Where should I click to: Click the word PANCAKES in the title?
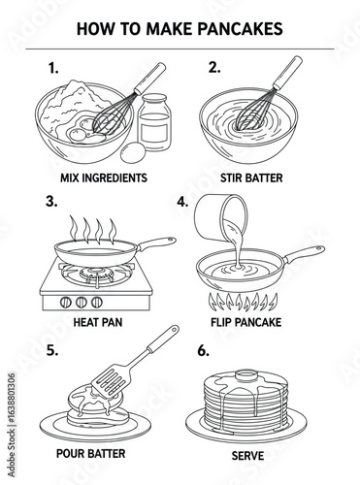(x=240, y=29)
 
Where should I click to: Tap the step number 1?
(x=53, y=68)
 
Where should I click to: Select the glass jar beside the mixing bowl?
(x=154, y=122)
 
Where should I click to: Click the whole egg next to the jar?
(x=133, y=152)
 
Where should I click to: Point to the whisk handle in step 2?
(x=288, y=73)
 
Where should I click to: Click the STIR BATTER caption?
(x=251, y=178)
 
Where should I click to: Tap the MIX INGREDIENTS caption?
(x=104, y=178)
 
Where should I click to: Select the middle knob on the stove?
(x=82, y=303)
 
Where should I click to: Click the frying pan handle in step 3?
(x=157, y=243)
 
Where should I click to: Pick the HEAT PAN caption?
(x=98, y=322)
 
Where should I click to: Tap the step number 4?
(x=182, y=202)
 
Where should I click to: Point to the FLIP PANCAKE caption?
(x=246, y=322)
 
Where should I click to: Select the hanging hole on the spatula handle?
(x=175, y=330)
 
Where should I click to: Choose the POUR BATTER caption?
(x=90, y=453)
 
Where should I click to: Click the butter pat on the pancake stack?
(x=246, y=376)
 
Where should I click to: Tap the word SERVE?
(x=247, y=456)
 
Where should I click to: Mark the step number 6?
(x=203, y=351)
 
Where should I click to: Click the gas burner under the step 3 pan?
(x=97, y=274)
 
